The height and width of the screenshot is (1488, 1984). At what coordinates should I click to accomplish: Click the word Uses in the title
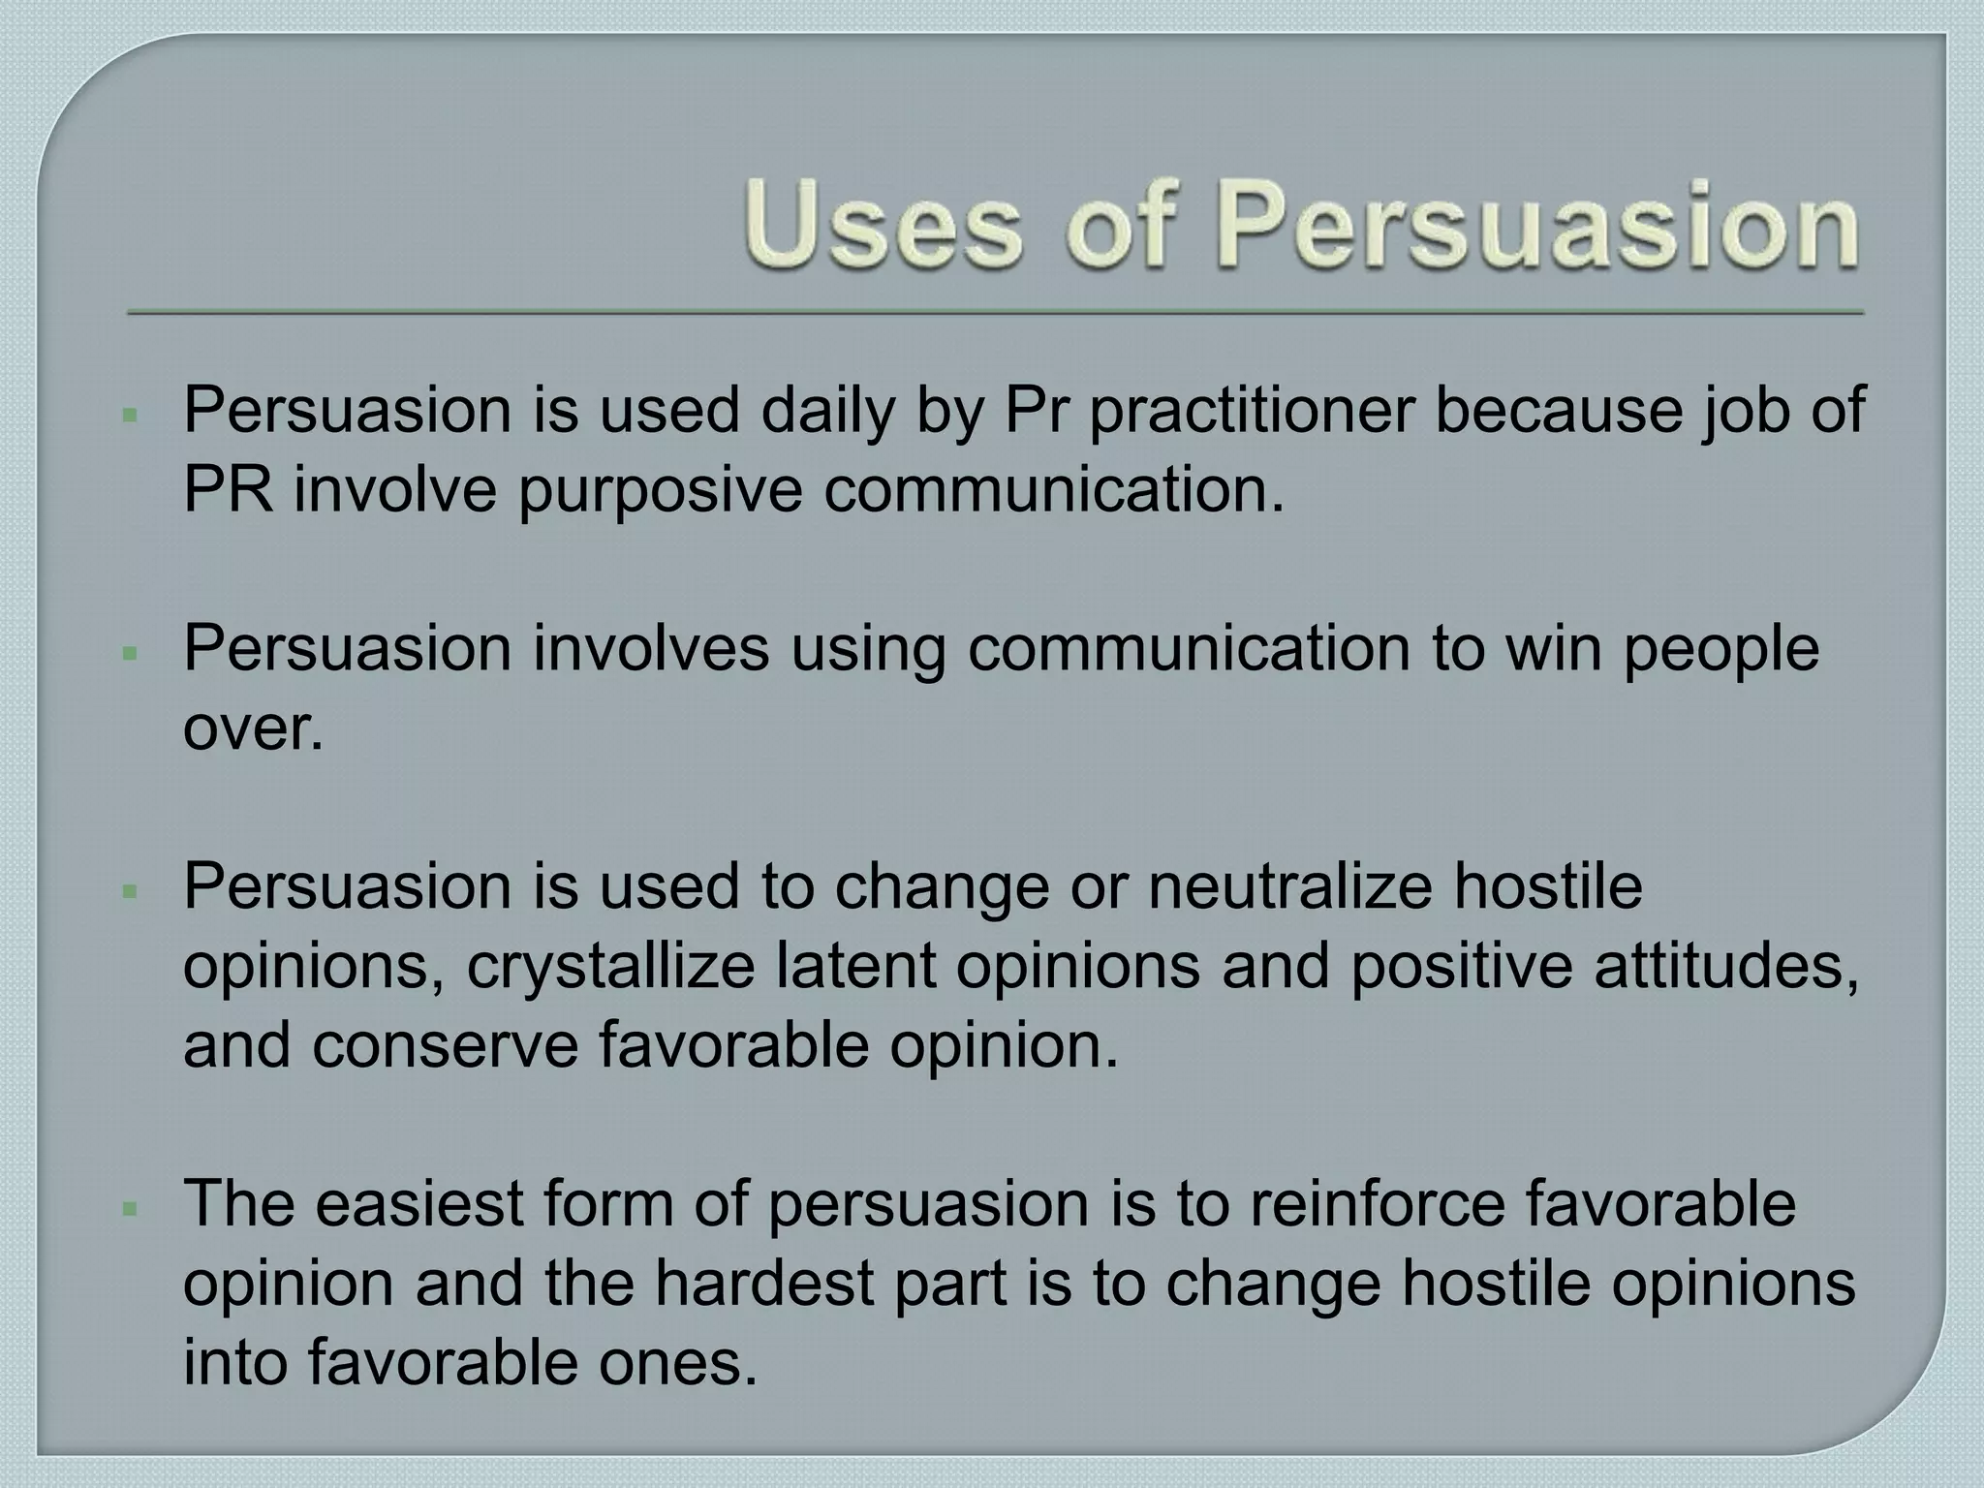(882, 229)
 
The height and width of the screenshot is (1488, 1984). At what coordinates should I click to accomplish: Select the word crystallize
(610, 967)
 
